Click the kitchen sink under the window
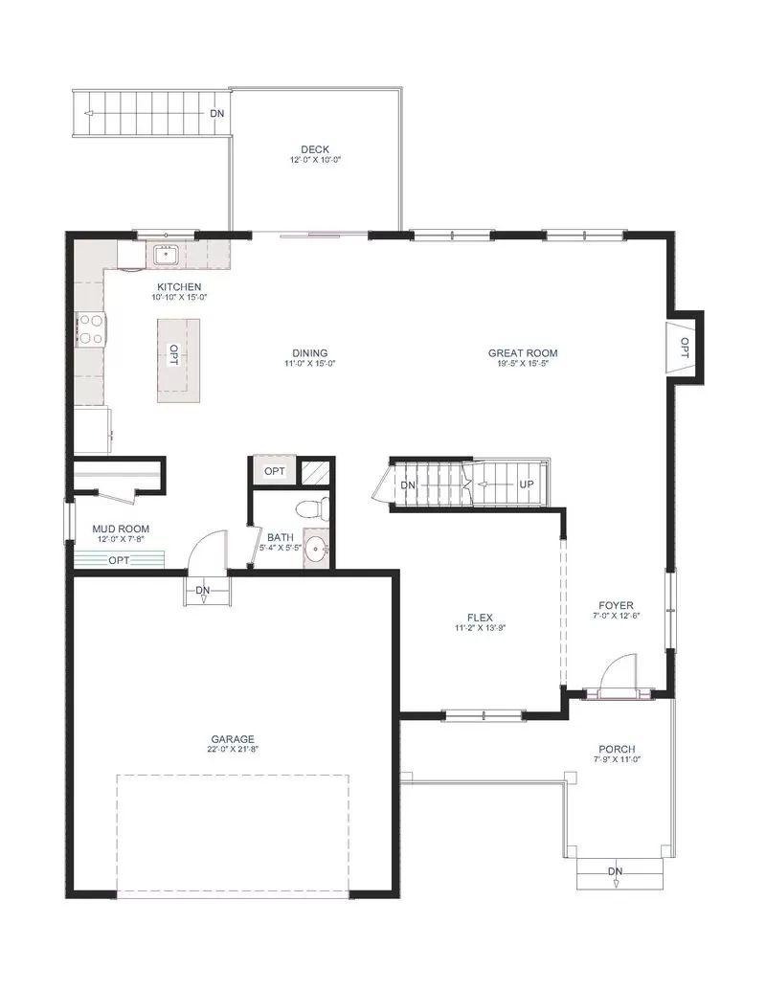click(167, 255)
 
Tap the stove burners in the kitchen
click(90, 330)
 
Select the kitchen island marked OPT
click(179, 360)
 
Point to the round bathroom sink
click(316, 550)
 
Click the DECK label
click(315, 149)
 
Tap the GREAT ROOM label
click(523, 353)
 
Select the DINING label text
click(309, 353)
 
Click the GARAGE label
click(233, 739)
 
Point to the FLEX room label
click(481, 618)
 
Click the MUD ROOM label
click(121, 529)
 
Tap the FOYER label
click(617, 605)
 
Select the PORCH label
click(617, 750)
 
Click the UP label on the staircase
click(527, 484)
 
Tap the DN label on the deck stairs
click(216, 114)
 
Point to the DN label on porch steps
click(615, 871)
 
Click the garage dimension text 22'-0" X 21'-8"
click(233, 749)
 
